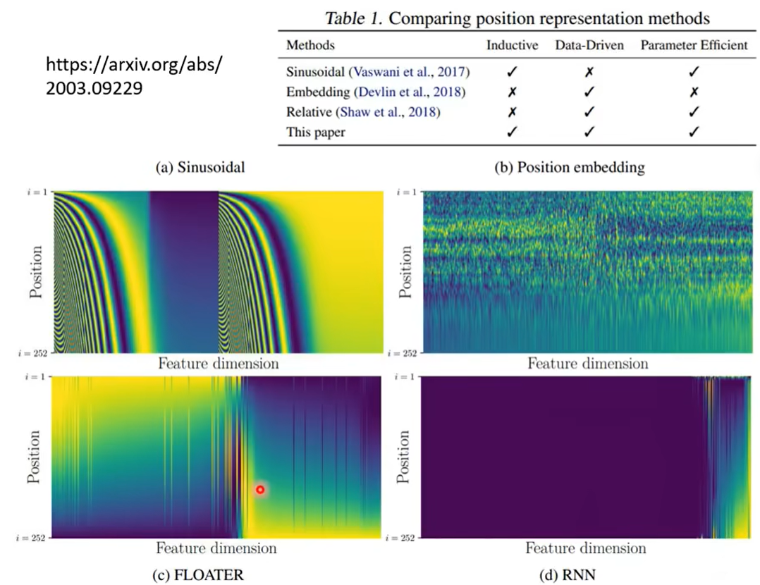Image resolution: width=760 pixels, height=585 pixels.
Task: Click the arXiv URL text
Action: [x=134, y=77]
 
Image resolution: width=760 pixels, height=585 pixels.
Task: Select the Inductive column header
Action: [x=513, y=46]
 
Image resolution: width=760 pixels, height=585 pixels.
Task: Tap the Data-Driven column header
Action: [x=589, y=46]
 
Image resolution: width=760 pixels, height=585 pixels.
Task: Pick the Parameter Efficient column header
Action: [x=694, y=46]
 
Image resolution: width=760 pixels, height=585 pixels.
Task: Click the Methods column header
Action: [x=310, y=46]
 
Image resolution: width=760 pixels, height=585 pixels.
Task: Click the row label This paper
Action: [x=317, y=132]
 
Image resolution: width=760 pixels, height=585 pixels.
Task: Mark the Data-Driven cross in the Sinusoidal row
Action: [x=589, y=72]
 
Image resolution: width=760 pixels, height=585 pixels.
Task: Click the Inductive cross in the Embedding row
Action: [x=513, y=92]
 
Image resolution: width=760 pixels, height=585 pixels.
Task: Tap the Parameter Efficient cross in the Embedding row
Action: [x=694, y=92]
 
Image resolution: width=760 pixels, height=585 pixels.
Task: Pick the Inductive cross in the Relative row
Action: [x=513, y=112]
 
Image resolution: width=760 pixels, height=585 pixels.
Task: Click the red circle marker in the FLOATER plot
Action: [x=260, y=489]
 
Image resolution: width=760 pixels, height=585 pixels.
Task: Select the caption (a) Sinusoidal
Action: [x=195, y=167]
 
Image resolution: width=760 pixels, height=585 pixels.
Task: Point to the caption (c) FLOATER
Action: [x=198, y=575]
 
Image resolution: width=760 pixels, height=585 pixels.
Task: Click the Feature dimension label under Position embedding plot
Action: [x=587, y=364]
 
